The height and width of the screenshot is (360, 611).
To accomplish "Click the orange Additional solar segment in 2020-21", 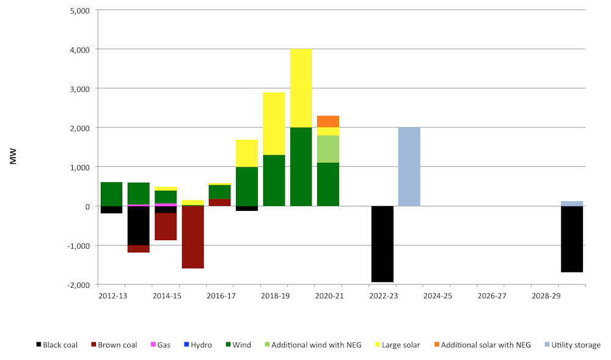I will click(328, 121).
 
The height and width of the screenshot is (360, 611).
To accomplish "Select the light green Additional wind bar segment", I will click(328, 149).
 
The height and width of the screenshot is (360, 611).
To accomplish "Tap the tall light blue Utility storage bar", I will click(409, 166).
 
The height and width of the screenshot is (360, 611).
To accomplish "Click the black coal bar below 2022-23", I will click(382, 244).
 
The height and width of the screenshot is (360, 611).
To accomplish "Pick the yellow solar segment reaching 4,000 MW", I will click(301, 88).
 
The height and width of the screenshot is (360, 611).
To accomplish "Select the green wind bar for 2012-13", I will click(111, 194).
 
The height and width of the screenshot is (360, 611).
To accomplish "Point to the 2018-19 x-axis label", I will click(274, 296).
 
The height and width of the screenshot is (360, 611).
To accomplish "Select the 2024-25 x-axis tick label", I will click(437, 296).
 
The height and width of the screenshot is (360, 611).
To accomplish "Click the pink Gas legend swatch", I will click(153, 345).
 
